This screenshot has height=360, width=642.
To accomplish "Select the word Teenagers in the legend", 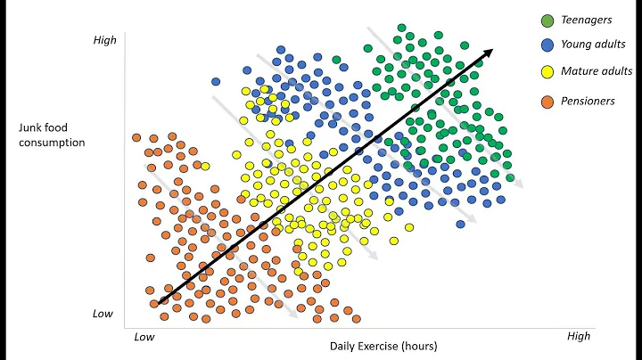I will click(587, 19).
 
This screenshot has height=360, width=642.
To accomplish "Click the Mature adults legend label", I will click(597, 71).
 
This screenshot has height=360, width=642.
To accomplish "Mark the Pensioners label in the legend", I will click(589, 101).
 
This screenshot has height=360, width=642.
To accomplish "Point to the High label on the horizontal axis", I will click(579, 336).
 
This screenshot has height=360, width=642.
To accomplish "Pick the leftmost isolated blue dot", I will click(216, 81).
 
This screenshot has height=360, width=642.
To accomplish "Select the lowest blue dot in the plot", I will click(460, 224).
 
